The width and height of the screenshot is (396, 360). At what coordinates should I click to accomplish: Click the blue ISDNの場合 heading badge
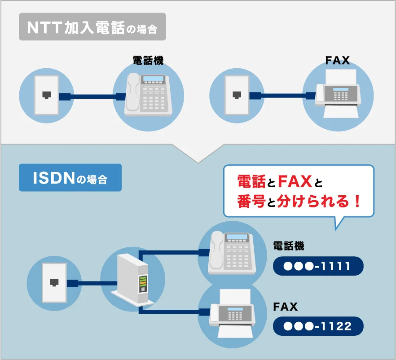pos(70,178)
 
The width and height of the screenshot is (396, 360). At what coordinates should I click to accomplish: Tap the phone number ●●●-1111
pos(318,266)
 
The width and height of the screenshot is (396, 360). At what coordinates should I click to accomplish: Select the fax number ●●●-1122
pos(318,326)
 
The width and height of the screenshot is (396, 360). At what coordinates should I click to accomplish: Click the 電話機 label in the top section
pos(148,61)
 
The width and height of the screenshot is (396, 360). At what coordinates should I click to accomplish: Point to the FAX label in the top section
pos(338,60)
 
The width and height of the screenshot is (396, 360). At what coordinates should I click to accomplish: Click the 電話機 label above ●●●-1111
pos(289,246)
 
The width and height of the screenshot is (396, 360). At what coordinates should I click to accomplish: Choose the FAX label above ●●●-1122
pos(286,307)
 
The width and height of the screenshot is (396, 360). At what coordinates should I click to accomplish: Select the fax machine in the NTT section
pos(338,95)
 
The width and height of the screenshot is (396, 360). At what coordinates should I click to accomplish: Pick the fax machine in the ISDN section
pos(232,313)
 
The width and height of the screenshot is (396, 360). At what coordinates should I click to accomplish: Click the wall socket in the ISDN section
pos(54,282)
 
